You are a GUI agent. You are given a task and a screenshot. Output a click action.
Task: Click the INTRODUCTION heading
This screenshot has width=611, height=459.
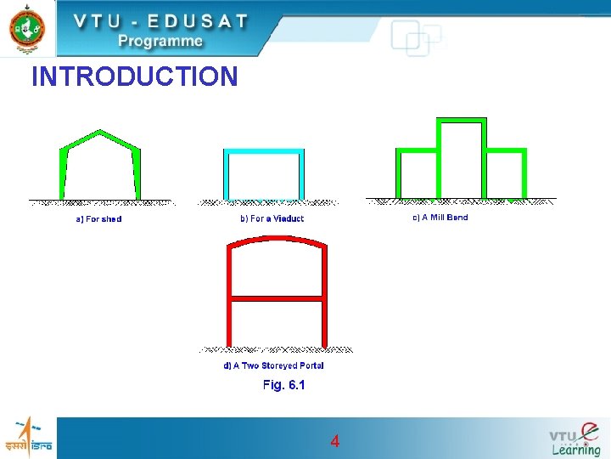point(134,77)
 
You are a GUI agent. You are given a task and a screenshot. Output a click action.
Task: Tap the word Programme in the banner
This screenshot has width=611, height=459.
point(160,41)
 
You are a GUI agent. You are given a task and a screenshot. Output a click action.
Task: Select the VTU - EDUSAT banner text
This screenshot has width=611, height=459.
point(160,20)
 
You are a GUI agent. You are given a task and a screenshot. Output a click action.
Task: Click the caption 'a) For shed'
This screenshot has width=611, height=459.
point(98,219)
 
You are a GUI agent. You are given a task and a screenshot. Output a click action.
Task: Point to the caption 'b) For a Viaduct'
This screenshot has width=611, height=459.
point(272,219)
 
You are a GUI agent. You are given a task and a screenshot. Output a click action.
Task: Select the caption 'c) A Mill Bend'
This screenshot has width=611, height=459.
point(440,218)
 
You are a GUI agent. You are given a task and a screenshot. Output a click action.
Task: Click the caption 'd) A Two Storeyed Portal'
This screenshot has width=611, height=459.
point(273,365)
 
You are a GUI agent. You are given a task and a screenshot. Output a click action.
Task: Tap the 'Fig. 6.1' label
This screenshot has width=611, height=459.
point(283,385)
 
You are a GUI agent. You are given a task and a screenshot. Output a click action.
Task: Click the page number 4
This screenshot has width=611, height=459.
point(335,441)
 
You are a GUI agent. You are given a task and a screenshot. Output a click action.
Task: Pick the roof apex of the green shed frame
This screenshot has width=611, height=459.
point(101,132)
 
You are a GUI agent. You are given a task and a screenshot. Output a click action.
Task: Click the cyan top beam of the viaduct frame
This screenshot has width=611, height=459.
point(264,151)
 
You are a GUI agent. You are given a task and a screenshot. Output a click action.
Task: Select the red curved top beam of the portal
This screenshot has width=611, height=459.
point(276,239)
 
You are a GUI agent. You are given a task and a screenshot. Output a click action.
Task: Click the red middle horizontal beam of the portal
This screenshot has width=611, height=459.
point(276,298)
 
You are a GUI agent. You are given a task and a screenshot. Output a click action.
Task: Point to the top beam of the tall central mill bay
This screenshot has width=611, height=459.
point(461,120)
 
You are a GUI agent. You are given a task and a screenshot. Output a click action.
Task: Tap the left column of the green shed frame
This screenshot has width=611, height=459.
point(62,174)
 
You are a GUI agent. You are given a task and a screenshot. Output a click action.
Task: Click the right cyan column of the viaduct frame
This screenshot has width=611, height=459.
point(301,175)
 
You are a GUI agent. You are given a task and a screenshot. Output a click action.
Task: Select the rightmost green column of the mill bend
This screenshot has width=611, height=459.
point(524,173)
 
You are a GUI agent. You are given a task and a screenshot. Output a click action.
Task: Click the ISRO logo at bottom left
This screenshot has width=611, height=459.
point(28,438)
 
